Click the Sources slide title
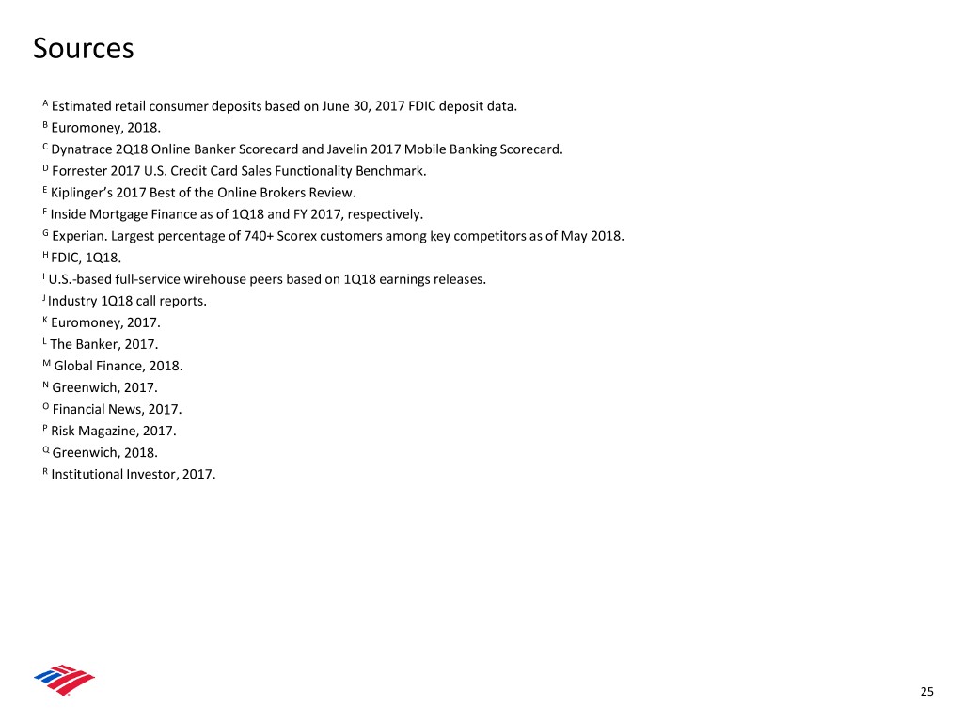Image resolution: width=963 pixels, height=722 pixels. [x=83, y=48]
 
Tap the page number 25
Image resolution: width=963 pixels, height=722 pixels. [x=927, y=693]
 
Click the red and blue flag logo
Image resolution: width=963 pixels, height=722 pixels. [x=64, y=679]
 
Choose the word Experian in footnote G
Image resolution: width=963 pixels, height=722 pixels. [x=79, y=236]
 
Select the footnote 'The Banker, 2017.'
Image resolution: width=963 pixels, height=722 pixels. [x=104, y=344]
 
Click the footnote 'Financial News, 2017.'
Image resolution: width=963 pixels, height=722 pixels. [x=118, y=409]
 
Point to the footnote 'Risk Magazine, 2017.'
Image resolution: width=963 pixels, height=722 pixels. [x=114, y=431]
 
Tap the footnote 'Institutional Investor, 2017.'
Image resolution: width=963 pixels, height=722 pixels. [x=134, y=474]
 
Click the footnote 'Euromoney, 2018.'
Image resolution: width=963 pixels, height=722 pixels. [x=107, y=128]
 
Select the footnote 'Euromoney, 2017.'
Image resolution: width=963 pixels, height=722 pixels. [x=106, y=322]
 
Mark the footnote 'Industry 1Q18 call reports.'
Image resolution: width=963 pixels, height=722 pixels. [x=127, y=301]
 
